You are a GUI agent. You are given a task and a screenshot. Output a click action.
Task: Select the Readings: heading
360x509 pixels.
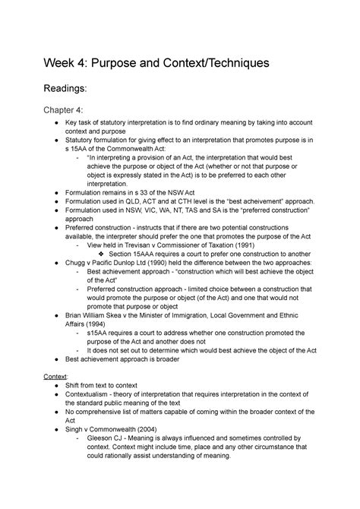coord(72,91)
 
